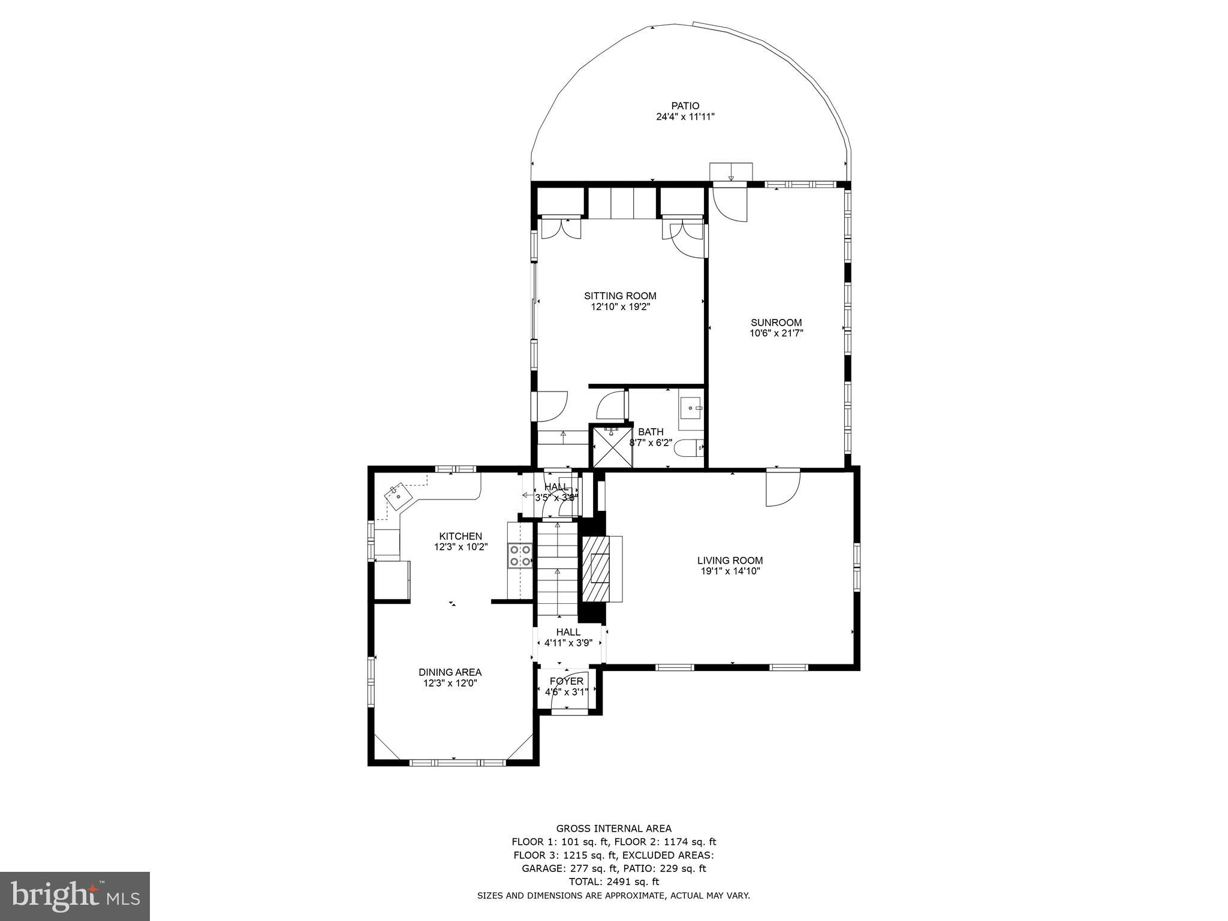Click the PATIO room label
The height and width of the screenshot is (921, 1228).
(685, 106)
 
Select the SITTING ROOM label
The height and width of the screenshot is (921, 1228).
(620, 296)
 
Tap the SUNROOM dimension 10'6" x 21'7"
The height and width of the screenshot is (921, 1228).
(776, 333)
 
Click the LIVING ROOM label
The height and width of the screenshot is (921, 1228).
(730, 561)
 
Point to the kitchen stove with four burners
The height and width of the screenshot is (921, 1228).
(520, 555)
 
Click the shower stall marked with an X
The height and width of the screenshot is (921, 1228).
(612, 446)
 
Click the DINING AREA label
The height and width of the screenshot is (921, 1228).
(450, 672)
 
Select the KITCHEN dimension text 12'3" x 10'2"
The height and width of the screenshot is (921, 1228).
(460, 547)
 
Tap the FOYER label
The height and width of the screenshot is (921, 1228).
(567, 681)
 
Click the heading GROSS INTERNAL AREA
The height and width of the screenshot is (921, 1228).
(613, 829)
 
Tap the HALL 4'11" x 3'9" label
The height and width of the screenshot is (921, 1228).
(568, 637)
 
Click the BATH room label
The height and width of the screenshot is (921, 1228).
(651, 432)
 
